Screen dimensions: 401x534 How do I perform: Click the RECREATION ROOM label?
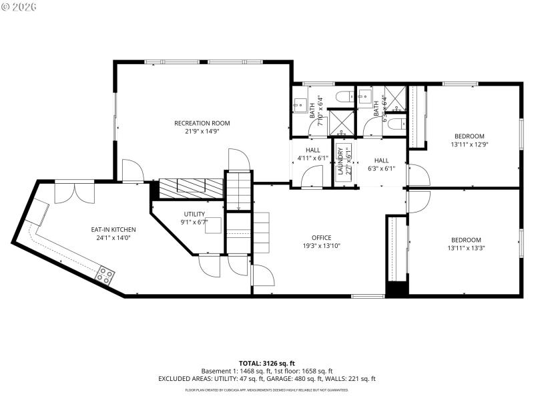[202, 123]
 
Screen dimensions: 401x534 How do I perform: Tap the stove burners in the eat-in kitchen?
[105, 273]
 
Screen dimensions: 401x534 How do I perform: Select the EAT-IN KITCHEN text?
[113, 229]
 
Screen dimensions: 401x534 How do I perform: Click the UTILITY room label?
[194, 214]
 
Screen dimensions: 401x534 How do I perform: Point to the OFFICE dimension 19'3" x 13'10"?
[321, 246]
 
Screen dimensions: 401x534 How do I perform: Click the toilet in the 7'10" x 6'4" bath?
[344, 97]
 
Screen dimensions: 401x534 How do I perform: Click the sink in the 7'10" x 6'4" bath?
[300, 105]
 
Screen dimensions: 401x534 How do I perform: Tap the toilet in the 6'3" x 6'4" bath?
[395, 124]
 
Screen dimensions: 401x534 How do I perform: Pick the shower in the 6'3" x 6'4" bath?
[396, 100]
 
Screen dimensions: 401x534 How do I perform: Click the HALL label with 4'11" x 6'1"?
[313, 150]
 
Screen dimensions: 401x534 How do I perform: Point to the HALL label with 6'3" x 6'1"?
[381, 160]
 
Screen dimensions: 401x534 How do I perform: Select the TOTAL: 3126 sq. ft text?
[267, 363]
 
